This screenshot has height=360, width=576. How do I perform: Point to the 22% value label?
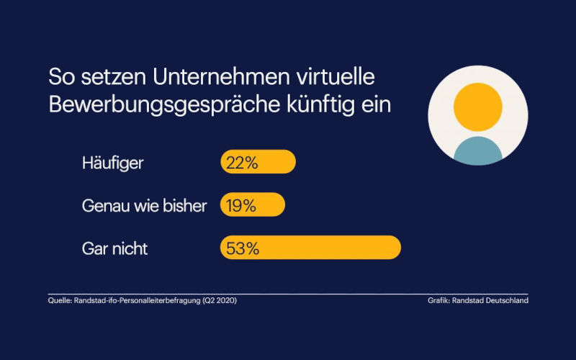tap(241, 163)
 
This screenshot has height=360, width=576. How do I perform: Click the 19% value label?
tap(240, 206)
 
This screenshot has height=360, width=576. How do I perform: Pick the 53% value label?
tap(242, 248)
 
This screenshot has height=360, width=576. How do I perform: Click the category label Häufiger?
tap(113, 163)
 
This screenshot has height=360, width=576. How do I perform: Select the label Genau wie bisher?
tap(145, 206)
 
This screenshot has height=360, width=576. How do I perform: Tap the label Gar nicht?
tap(115, 249)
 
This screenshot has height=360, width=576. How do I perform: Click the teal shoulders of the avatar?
tap(477, 149)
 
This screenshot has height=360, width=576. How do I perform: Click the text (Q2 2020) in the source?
tap(218, 300)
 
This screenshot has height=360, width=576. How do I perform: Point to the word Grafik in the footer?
tap(438, 300)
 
